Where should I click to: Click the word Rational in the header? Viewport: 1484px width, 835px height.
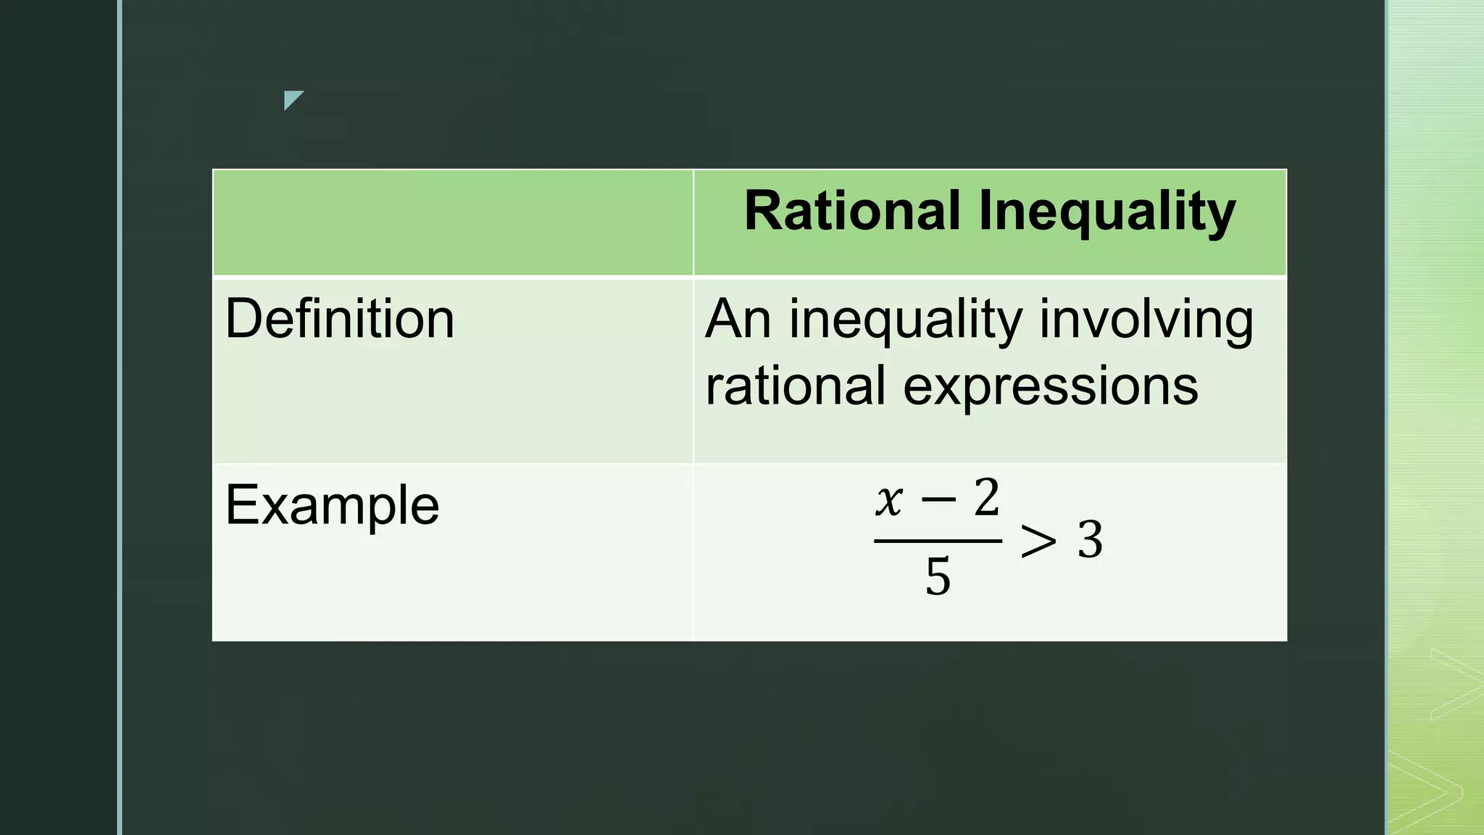[852, 211]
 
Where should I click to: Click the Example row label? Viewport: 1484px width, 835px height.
[332, 504]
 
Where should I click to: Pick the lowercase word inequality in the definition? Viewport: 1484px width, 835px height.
[905, 320]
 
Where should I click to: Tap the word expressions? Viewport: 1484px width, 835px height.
[1050, 386]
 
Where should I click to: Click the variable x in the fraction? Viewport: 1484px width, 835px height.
[888, 500]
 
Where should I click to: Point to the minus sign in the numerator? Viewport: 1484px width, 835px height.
[938, 499]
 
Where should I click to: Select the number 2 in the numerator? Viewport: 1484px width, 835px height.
[986, 499]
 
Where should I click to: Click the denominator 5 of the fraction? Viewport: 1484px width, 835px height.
[938, 578]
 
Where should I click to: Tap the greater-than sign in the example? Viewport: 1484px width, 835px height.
[1038, 541]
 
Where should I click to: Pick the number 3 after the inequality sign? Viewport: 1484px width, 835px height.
[1090, 540]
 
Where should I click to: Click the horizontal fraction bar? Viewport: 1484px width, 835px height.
[938, 541]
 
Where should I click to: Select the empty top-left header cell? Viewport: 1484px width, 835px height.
[452, 223]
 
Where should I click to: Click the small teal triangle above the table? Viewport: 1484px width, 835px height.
[291, 99]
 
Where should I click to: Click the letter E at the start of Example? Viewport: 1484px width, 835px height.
[240, 504]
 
